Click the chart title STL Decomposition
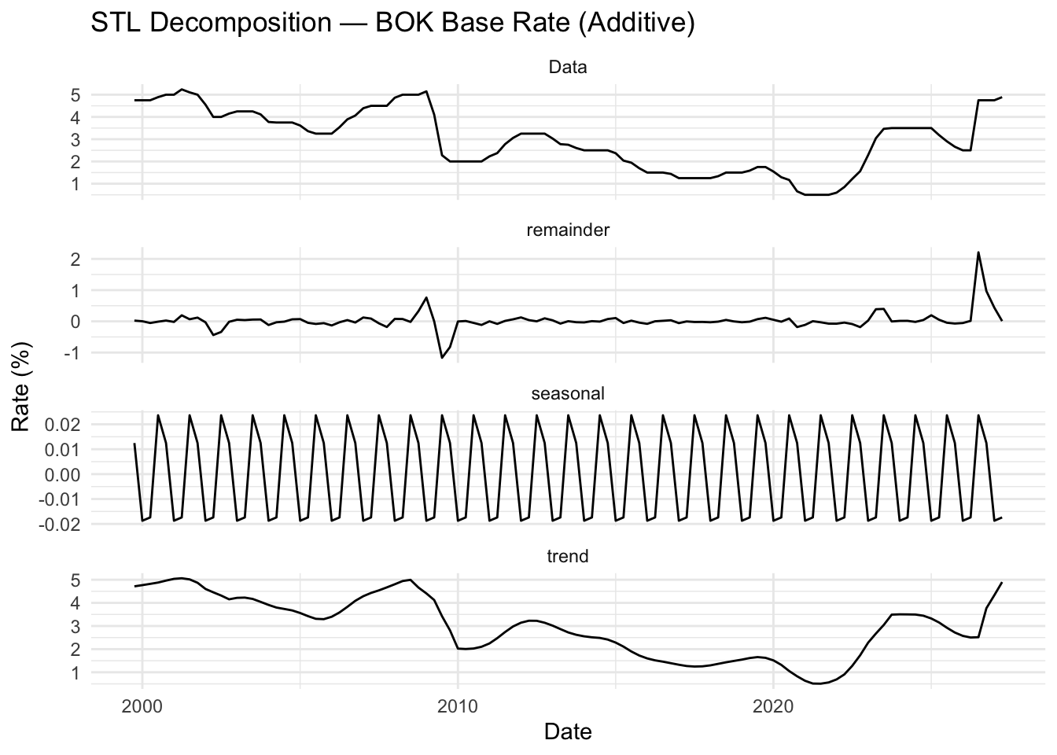click(392, 23)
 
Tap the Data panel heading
click(567, 68)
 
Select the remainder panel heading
click(567, 230)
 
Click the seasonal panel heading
click(567, 393)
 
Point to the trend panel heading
click(567, 556)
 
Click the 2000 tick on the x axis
click(142, 705)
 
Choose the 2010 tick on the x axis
click(458, 705)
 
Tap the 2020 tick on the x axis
click(773, 705)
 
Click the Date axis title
click(567, 732)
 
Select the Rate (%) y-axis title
click(21, 386)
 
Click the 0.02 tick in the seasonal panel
click(66, 425)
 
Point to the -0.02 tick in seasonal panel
click(63, 524)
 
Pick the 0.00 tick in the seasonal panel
click(66, 474)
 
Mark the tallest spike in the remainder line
click(978, 252)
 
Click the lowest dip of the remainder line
click(442, 358)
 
